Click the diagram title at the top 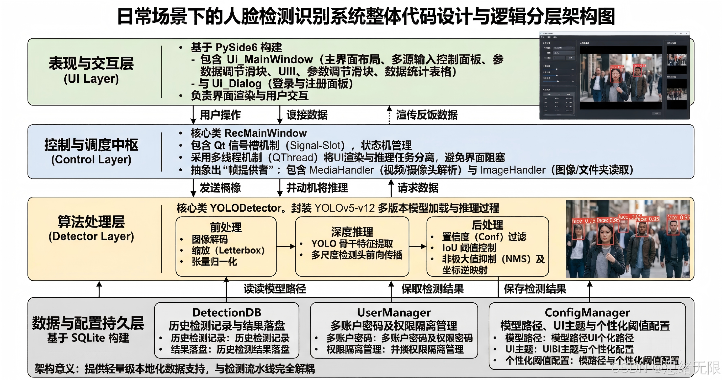point(366,16)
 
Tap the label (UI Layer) point(91,79)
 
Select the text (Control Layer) point(91,160)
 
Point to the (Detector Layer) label point(91,236)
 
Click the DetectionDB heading point(226,312)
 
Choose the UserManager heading point(394,312)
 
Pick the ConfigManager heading point(587,312)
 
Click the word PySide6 point(236,48)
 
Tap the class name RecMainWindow point(266,133)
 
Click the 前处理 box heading point(226,227)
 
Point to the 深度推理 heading point(352,232)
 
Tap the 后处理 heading point(487,225)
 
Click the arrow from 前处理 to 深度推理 point(286,246)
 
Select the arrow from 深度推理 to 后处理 point(417,246)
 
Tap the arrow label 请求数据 point(418,188)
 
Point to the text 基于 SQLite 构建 point(88,338)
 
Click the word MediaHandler point(341,170)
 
